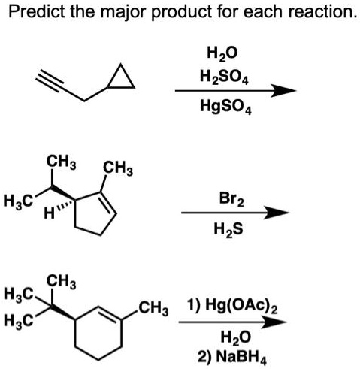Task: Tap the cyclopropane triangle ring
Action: pos(122,77)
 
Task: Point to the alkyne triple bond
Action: pos(49,80)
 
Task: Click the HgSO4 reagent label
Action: pos(225,106)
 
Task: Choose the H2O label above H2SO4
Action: pos(222,53)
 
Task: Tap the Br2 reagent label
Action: pos(231,199)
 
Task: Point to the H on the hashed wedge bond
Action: pos(50,213)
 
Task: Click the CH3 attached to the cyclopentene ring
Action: pos(118,169)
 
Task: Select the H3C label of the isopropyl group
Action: pos(18,201)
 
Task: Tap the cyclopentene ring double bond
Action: pos(107,204)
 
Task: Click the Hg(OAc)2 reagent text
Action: pos(232,306)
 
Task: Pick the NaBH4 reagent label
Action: pos(232,357)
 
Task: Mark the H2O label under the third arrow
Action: pos(235,337)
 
